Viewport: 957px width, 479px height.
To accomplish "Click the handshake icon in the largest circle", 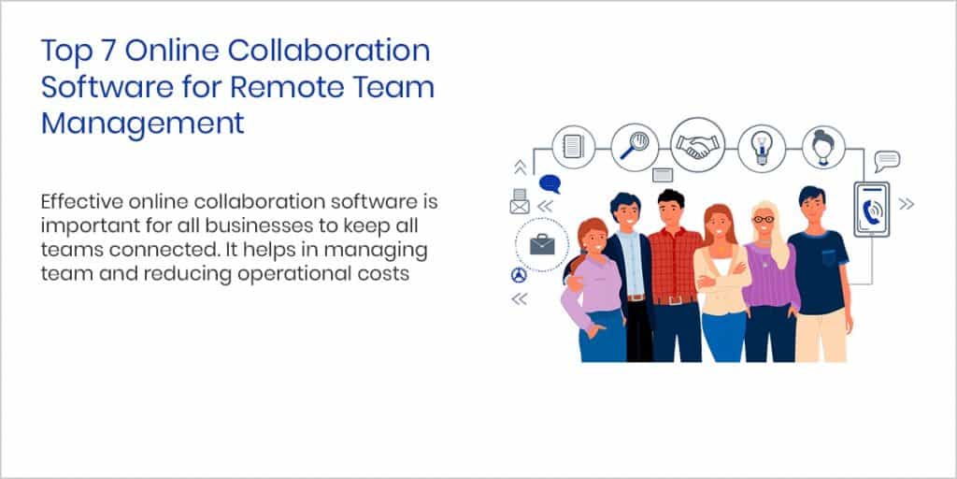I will click(x=698, y=145).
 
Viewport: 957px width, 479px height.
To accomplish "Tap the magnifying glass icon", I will click(x=636, y=146).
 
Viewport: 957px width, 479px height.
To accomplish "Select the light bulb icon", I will click(x=761, y=147).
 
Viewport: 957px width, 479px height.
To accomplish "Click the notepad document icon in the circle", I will click(x=573, y=147).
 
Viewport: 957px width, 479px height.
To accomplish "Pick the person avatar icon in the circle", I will click(x=822, y=147).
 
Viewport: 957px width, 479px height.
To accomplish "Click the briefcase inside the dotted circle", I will click(x=541, y=245).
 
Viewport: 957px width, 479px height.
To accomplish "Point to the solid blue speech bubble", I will click(x=550, y=183).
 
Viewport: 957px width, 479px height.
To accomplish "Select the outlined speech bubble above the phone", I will click(x=887, y=160).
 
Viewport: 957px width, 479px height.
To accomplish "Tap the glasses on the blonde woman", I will click(x=764, y=219).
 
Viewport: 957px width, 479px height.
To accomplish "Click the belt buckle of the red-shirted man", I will click(x=674, y=299).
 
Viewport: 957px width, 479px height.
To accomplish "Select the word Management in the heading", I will click(x=142, y=123).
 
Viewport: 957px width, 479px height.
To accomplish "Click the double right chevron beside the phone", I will click(x=906, y=203).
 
